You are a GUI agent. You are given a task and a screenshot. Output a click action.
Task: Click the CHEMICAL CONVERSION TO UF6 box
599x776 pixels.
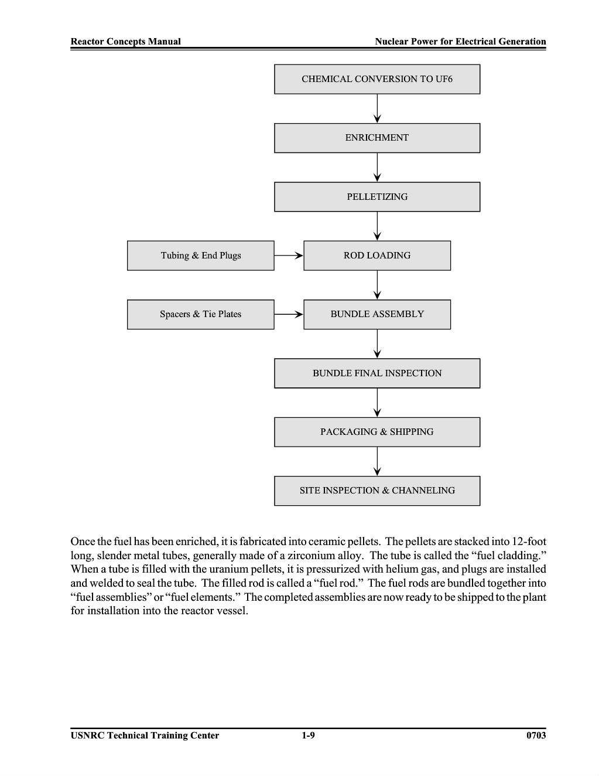click(376, 79)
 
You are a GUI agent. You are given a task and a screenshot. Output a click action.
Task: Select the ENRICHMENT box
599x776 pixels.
click(376, 138)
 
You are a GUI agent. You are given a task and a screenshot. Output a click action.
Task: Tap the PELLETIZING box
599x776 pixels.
click(376, 197)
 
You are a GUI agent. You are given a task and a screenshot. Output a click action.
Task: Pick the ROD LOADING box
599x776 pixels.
click(376, 256)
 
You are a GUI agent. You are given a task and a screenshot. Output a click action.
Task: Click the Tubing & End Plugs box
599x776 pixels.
click(200, 256)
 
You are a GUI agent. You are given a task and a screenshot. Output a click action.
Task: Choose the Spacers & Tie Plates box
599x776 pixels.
click(200, 315)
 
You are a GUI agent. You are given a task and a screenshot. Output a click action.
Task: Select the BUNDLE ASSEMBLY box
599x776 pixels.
click(376, 315)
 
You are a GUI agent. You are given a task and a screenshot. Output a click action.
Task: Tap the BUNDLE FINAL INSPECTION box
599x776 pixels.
click(376, 373)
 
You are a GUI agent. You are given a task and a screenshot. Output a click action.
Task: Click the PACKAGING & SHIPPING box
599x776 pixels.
click(376, 432)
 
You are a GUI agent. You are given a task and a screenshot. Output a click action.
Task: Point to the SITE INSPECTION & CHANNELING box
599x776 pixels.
click(376, 491)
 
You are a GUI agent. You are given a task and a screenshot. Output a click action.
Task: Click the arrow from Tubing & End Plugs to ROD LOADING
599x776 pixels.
click(289, 256)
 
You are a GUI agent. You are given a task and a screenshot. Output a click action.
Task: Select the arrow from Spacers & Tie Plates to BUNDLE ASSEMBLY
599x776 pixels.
click(289, 315)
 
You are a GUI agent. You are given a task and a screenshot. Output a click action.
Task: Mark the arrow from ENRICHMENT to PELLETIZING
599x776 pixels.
click(377, 168)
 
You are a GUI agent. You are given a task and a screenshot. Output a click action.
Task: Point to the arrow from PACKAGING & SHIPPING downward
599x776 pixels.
click(377, 461)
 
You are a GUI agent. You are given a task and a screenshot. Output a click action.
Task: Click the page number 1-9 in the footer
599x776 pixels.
click(308, 736)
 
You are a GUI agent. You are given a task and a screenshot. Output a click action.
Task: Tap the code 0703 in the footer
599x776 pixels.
click(536, 736)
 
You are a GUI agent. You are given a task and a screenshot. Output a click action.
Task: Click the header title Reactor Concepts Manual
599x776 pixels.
click(125, 42)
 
